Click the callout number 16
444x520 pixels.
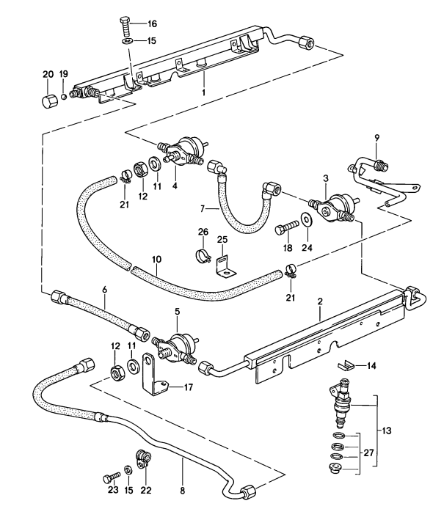click(x=152, y=24)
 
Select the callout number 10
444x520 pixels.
click(x=155, y=259)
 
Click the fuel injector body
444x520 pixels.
click(x=343, y=403)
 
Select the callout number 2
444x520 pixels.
click(x=321, y=301)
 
